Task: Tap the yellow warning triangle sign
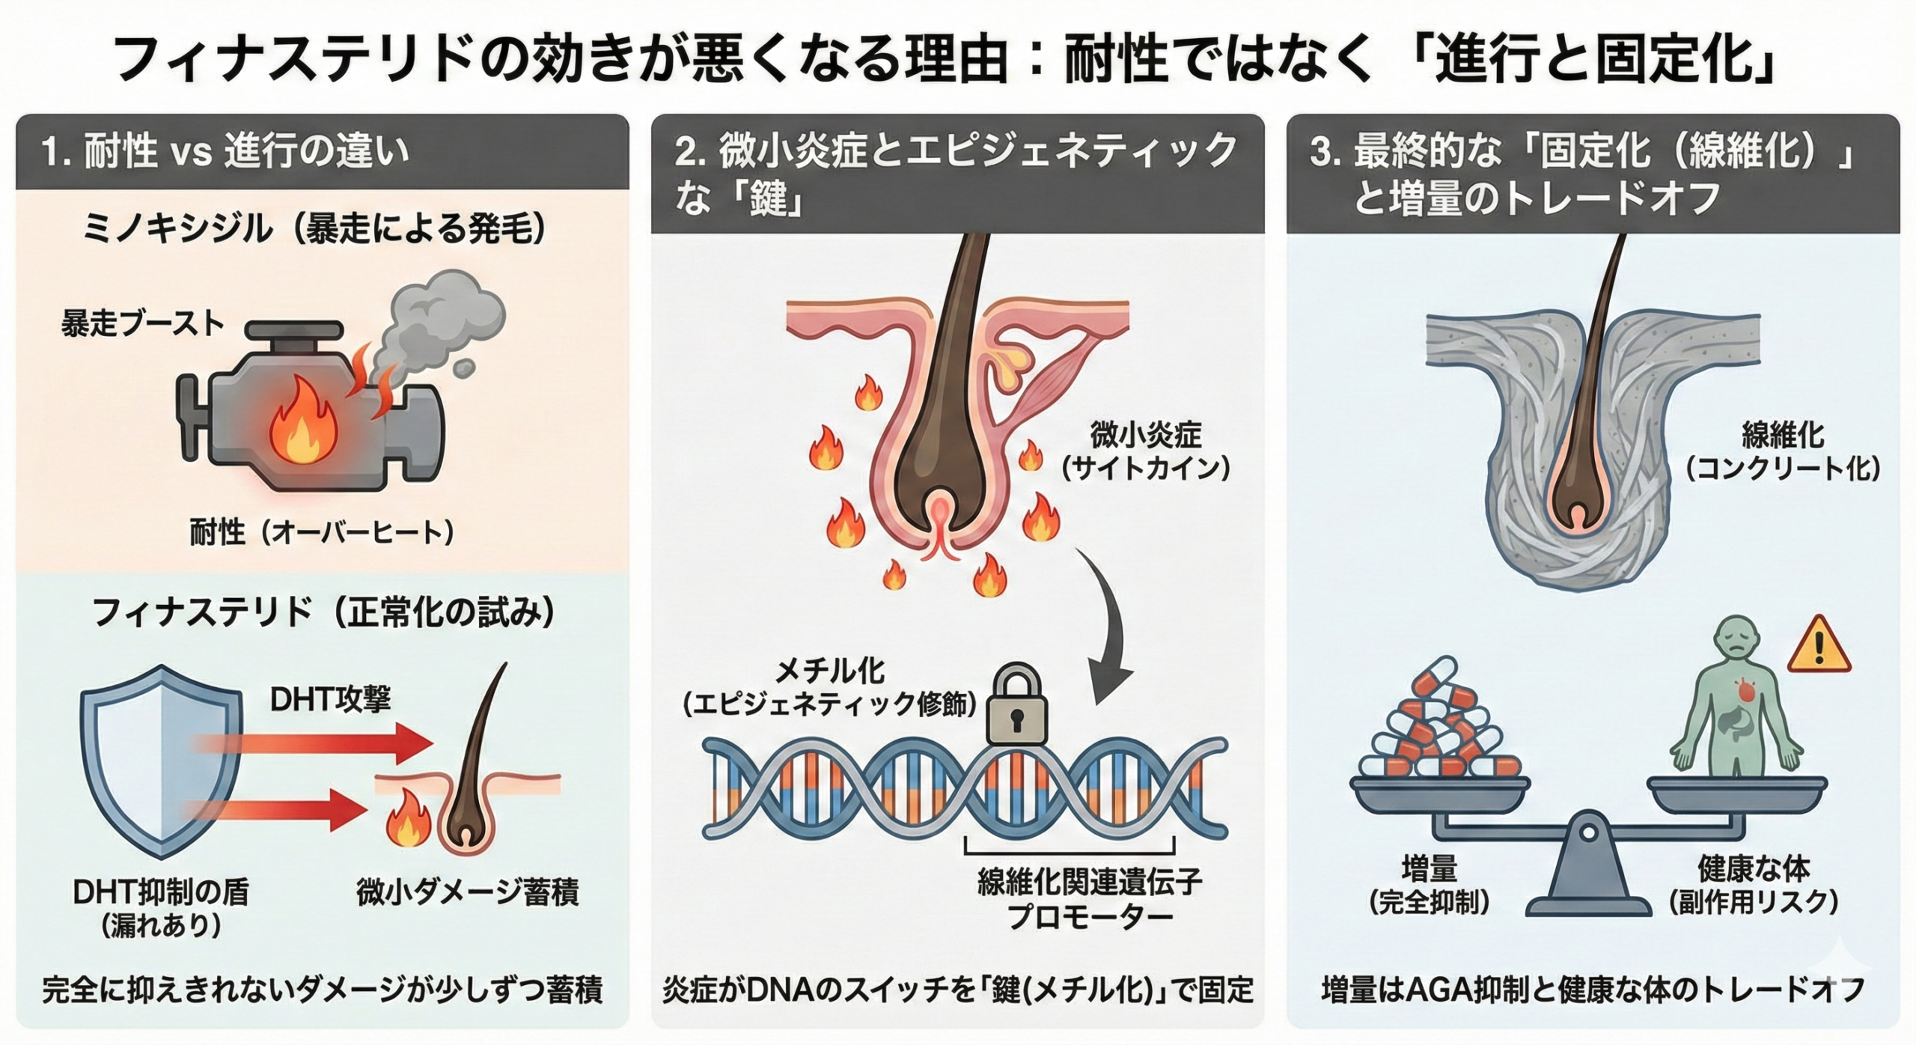[1819, 645]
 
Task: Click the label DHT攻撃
[330, 699]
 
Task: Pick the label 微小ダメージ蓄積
[467, 894]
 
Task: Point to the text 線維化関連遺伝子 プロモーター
[1089, 899]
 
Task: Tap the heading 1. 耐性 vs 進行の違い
[225, 152]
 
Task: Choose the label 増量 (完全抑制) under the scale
[1429, 886]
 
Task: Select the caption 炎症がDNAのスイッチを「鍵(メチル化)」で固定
[957, 990]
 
